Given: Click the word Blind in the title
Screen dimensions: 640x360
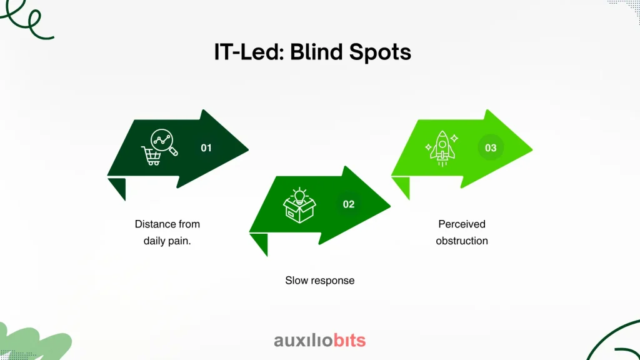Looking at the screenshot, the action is point(316,52).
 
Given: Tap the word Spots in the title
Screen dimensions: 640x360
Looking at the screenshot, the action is point(380,52).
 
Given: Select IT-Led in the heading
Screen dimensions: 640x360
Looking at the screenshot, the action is point(249,52).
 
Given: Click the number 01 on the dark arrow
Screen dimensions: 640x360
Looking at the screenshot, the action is point(206,147).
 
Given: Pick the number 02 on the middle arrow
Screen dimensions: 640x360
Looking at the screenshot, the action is point(349,204).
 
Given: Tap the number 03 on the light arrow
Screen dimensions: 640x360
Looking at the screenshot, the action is point(491,147).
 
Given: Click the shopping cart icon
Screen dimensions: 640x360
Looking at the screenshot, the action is point(151,156).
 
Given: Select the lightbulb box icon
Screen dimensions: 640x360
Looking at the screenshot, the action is point(299,205).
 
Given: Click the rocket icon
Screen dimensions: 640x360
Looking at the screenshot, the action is point(442,148).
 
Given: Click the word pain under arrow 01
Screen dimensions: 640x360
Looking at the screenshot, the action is point(179,241).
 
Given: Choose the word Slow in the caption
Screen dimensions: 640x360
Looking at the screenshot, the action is point(296,281).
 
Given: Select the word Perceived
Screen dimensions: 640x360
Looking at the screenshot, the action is point(462,224).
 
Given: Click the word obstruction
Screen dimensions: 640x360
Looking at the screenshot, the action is point(462,241).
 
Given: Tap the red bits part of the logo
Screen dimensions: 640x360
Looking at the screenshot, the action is point(349,340).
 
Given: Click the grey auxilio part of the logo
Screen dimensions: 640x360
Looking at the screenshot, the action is point(303,341).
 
